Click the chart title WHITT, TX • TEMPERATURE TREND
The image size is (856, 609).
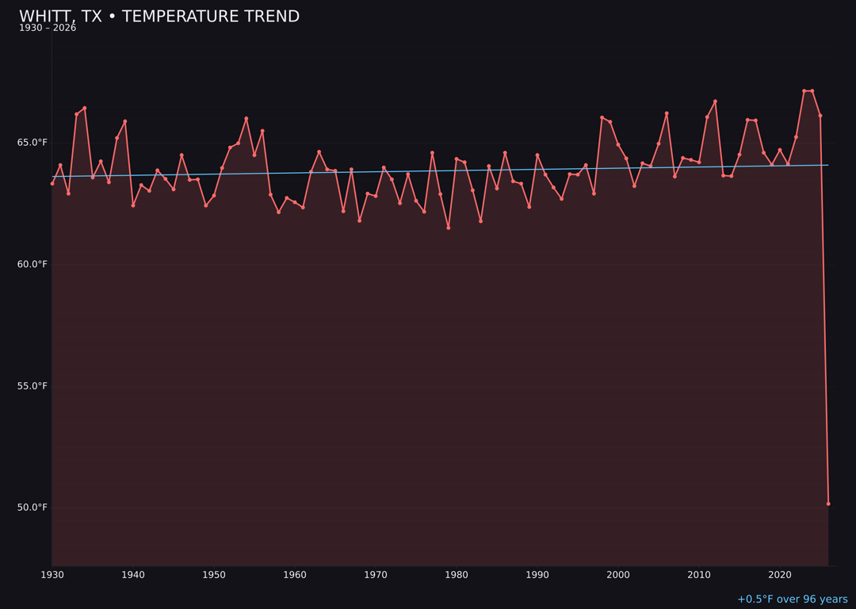tap(159, 17)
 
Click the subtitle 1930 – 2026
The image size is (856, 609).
tap(48, 29)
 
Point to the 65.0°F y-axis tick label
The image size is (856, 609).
tap(32, 143)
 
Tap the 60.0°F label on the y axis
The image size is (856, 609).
tap(32, 264)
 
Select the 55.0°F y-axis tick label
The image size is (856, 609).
tap(32, 386)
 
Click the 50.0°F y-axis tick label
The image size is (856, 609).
tap(32, 507)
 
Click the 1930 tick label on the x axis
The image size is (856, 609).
tap(52, 575)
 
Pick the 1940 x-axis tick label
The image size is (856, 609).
tap(133, 575)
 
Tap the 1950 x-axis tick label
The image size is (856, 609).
tap(214, 575)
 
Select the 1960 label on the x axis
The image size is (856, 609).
tap(295, 575)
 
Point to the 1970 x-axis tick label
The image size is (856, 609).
tap(376, 575)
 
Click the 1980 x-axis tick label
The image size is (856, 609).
tap(457, 575)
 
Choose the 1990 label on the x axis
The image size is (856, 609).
tap(537, 575)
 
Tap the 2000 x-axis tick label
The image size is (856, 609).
tap(618, 575)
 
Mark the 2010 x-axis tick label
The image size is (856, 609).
tap(699, 575)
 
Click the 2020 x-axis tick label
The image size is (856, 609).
tap(780, 575)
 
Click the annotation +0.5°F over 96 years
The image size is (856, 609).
tap(792, 599)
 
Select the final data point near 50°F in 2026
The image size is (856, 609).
tap(828, 504)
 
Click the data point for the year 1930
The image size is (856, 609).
tap(52, 183)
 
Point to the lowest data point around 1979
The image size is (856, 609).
tap(449, 228)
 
